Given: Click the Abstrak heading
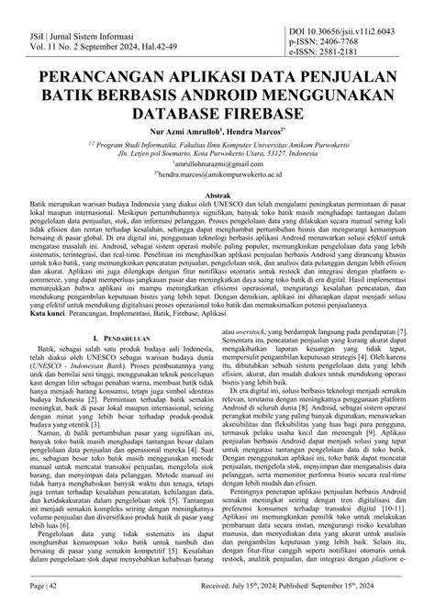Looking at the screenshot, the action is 217,196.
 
